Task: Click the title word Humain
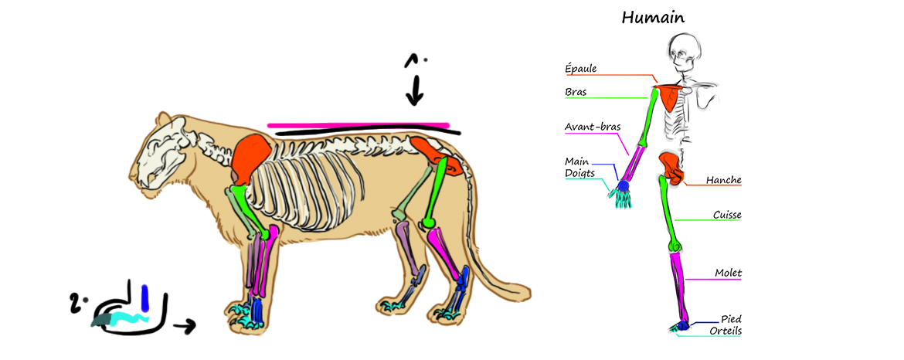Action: point(654,17)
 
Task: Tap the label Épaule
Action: point(580,69)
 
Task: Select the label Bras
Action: point(576,92)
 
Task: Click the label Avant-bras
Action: point(593,126)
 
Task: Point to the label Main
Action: point(577,161)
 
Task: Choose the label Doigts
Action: point(579,173)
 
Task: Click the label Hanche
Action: point(724,180)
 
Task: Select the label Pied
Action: point(731,318)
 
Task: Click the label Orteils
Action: point(726,331)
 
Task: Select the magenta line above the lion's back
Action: point(359,124)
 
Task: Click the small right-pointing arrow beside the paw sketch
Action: point(185,325)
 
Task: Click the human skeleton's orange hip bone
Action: point(670,165)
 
